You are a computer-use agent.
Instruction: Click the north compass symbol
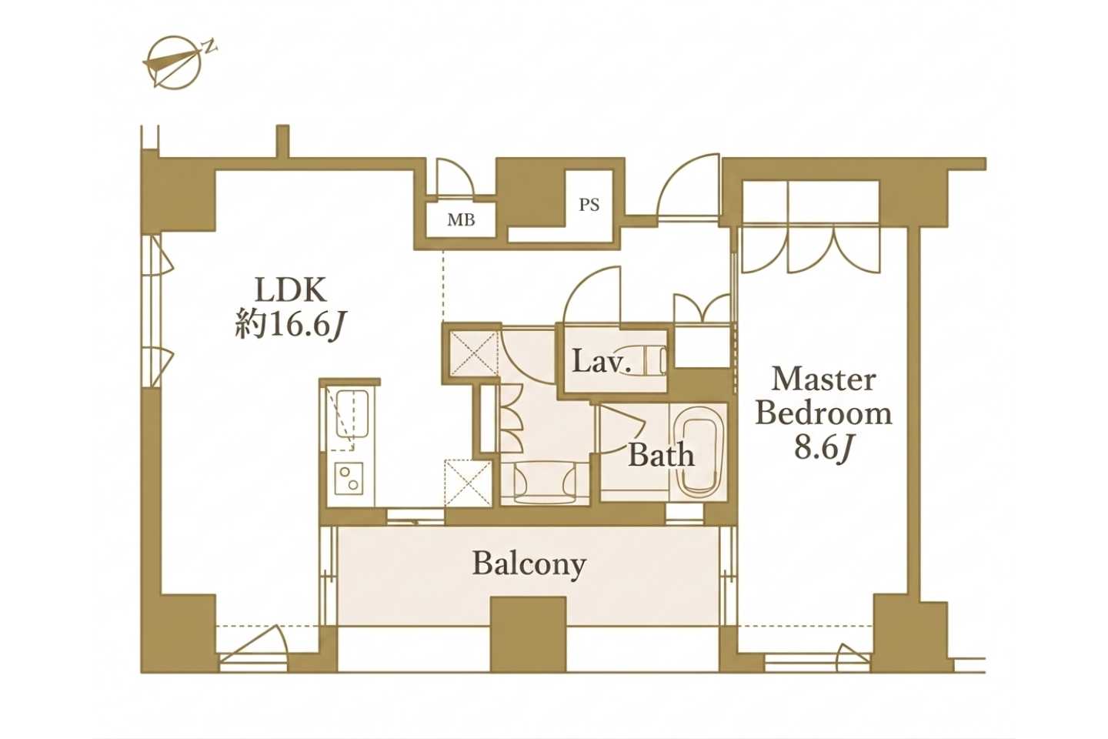click(x=175, y=62)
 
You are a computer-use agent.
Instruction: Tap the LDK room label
click(x=290, y=290)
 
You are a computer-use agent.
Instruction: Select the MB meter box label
click(x=461, y=220)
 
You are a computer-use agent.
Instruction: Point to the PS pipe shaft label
click(x=589, y=205)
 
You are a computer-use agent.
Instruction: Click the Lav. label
click(x=602, y=363)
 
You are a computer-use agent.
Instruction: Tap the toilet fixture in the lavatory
click(x=654, y=359)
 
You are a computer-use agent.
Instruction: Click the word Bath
click(x=662, y=456)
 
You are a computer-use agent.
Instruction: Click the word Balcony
click(x=529, y=563)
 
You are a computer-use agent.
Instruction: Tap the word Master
click(x=823, y=380)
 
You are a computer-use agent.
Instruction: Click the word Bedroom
click(x=823, y=414)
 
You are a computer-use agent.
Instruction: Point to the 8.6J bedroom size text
click(x=823, y=449)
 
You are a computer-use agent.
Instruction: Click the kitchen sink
click(x=351, y=414)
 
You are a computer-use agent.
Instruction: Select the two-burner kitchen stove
click(x=349, y=477)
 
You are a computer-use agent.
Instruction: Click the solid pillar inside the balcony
click(x=528, y=634)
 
